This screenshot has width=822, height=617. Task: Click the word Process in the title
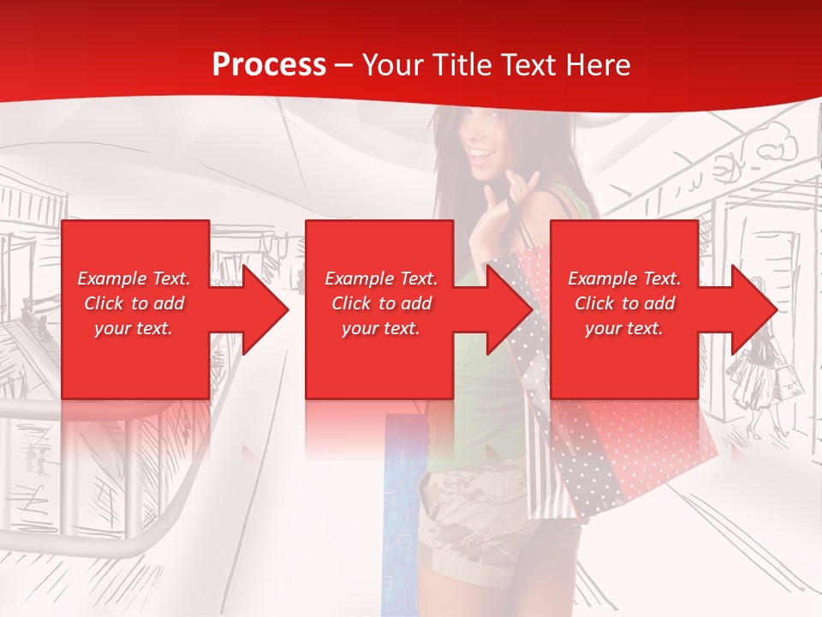tap(269, 65)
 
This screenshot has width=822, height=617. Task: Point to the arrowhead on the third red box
tap(754, 309)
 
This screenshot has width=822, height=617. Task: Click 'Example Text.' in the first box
tap(134, 279)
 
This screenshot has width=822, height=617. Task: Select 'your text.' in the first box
tap(134, 328)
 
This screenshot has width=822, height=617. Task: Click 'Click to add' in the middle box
tap(381, 303)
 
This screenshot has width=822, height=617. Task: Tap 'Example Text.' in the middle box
tap(381, 279)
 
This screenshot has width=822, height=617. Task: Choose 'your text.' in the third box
tap(624, 328)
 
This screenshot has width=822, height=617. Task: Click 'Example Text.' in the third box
tap(624, 279)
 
